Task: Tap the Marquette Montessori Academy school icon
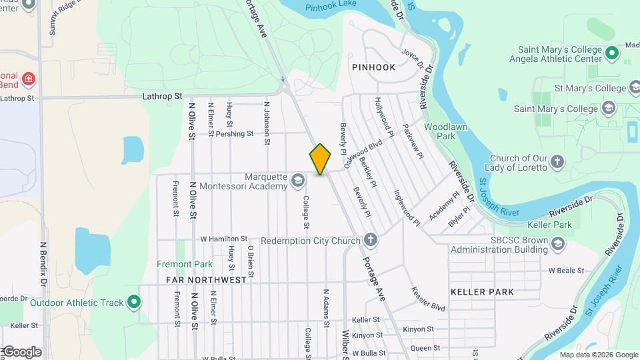tap(297, 181)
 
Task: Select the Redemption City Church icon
tap(371, 241)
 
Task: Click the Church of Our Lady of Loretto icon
tap(557, 162)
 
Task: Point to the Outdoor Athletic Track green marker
tap(134, 303)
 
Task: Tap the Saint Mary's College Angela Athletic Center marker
tap(612, 52)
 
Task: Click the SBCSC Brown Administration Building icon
tap(557, 244)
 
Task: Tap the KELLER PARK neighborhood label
tap(482, 292)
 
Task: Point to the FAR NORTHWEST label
tap(206, 280)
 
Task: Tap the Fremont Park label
tap(185, 265)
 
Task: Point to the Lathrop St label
tap(162, 97)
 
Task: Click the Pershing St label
tap(235, 133)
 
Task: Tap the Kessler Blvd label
tap(428, 301)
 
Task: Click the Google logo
tap(21, 352)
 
